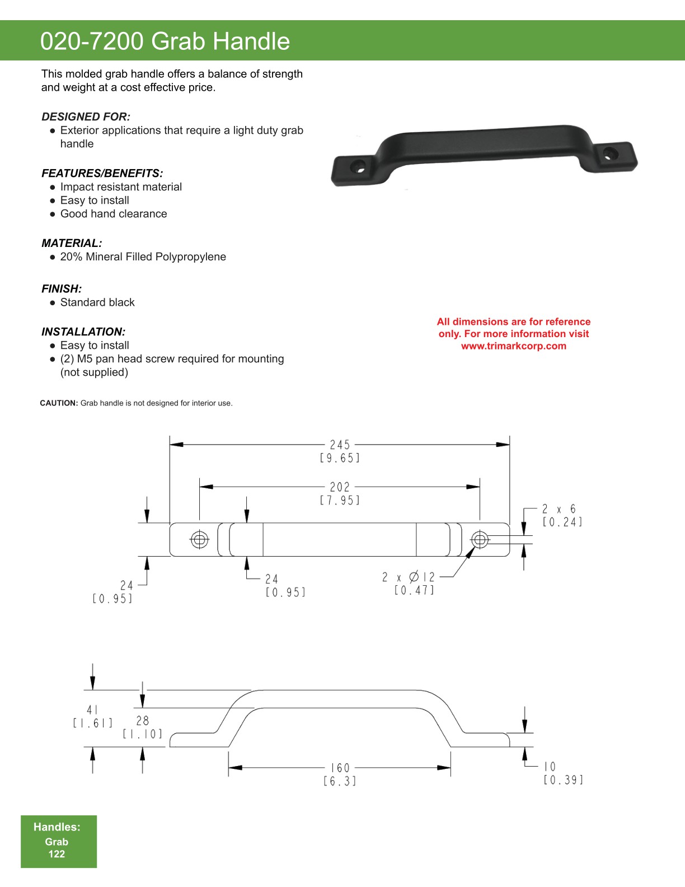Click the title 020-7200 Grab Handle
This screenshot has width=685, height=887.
tap(165, 41)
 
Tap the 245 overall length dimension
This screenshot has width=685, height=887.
tap(340, 445)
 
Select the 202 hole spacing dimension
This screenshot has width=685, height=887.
tap(340, 487)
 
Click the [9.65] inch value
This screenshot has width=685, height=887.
tap(340, 459)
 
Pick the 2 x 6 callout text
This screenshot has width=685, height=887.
tap(559, 509)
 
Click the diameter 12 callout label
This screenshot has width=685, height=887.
tap(409, 577)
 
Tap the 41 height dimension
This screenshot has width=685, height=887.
tap(92, 710)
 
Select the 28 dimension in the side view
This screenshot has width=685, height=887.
tap(143, 721)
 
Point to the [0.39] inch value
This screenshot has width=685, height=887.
tap(563, 780)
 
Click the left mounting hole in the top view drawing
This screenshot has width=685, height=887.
tap(200, 540)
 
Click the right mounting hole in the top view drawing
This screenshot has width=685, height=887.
tap(480, 540)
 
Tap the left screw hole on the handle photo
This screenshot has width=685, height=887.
tap(360, 166)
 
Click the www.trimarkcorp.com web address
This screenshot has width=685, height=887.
tap(514, 346)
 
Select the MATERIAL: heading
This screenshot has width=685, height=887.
tap(72, 244)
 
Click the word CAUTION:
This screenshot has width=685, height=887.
tap(59, 403)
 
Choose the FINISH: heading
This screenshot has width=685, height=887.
tap(62, 289)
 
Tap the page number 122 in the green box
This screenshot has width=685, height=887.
tap(57, 854)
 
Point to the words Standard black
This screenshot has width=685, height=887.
tap(97, 302)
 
